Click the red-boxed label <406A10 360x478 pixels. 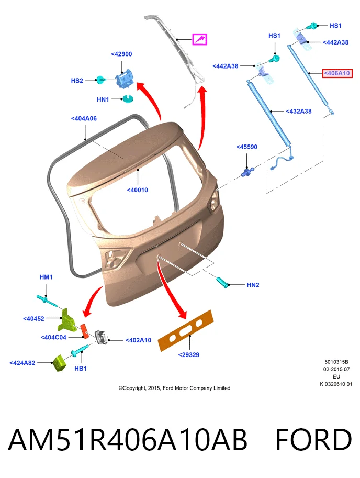[337, 73]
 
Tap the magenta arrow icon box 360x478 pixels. [199, 39]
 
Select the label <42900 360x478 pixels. [121, 54]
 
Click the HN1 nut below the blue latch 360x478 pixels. [128, 99]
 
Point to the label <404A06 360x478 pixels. [84, 119]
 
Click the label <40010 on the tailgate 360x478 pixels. [138, 190]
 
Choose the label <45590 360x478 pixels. [246, 147]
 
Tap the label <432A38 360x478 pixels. [298, 112]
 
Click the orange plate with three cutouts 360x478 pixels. [186, 330]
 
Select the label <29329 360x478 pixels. [189, 355]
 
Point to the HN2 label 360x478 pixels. [253, 285]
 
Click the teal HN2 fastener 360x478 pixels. [222, 283]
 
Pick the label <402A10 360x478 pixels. [138, 340]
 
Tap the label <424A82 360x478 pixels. [22, 363]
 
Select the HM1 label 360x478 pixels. [46, 277]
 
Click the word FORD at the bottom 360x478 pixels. [314, 440]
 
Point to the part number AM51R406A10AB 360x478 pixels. [127, 440]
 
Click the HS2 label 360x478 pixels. [77, 81]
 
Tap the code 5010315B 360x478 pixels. [336, 362]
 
